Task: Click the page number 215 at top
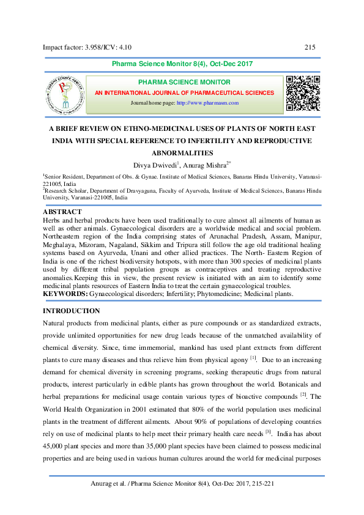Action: click(309, 47)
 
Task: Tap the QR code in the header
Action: click(303, 93)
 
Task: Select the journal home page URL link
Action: click(207, 103)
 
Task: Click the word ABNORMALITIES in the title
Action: click(182, 152)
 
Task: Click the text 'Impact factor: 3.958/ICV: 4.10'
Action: click(87, 47)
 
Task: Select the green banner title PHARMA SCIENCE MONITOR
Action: click(184, 82)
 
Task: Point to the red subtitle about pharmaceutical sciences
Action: click(184, 92)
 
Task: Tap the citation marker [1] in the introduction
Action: click(252, 357)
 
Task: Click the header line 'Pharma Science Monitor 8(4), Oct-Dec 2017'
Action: click(182, 64)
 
